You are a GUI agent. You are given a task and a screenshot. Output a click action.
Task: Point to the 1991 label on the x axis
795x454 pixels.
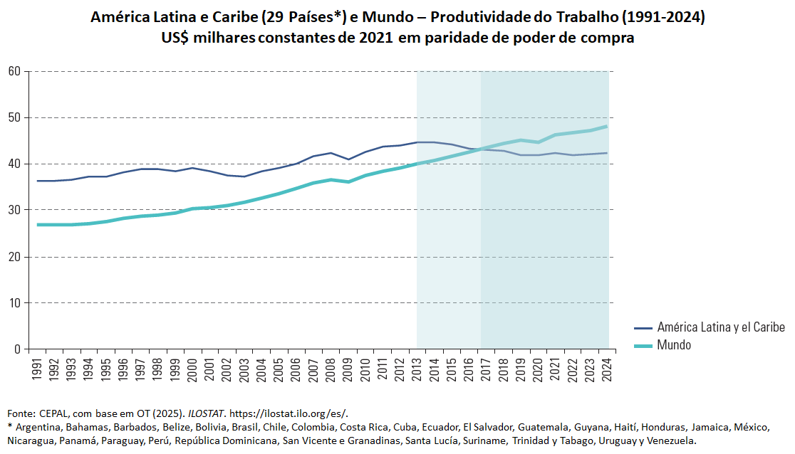[36, 370]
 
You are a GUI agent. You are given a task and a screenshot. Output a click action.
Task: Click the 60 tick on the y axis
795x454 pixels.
[14, 71]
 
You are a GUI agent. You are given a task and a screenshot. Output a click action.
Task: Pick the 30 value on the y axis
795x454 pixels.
[14, 210]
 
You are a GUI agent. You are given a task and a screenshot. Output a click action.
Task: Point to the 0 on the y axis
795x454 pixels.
[17, 349]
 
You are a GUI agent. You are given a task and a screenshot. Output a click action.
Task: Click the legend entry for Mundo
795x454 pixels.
[674, 345]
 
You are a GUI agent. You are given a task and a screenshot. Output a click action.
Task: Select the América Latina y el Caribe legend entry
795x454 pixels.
[720, 327]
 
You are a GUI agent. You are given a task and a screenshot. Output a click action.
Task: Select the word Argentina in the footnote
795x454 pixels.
[37, 427]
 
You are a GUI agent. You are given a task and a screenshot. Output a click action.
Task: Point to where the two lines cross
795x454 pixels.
[479, 149]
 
